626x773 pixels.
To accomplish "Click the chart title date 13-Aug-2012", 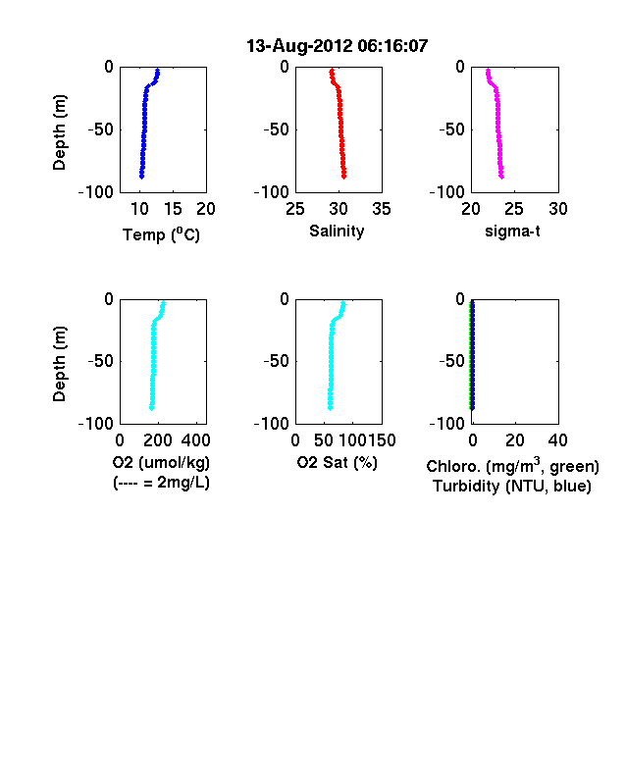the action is [x=299, y=46].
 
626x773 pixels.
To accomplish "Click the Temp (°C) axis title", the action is [x=161, y=234].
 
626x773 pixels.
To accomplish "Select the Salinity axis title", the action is [x=337, y=231].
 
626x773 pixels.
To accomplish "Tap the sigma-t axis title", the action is [x=512, y=231].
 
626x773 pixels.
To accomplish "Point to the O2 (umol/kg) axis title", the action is [x=161, y=462].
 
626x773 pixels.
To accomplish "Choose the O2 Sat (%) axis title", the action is [x=338, y=462].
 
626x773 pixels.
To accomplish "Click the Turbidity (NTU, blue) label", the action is [x=512, y=487].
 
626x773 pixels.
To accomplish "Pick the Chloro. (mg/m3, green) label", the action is [x=512, y=466].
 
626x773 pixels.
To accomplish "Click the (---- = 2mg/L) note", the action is [x=161, y=482].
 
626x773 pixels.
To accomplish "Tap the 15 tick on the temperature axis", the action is [x=173, y=209].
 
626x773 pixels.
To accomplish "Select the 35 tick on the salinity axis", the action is [x=382, y=209].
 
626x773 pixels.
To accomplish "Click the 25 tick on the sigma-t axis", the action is [x=514, y=209].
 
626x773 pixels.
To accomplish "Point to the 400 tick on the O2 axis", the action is [x=195, y=439].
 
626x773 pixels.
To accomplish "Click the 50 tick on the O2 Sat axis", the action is [x=324, y=439].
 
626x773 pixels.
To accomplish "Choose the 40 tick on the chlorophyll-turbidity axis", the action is [x=558, y=439].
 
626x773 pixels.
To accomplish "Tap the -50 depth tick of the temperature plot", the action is [x=100, y=129].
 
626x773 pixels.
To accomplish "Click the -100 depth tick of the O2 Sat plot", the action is [x=272, y=424].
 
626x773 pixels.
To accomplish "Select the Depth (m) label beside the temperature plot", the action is [x=59, y=132].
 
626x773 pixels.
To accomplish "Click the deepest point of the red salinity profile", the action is [x=344, y=177].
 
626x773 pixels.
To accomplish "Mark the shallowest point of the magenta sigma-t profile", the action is [x=488, y=71].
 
